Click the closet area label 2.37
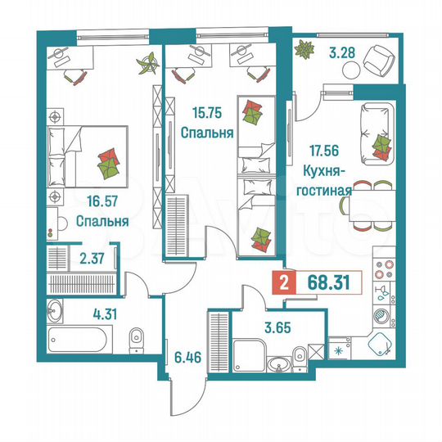92,261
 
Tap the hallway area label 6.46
187,357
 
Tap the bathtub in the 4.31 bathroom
78,336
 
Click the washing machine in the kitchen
381,314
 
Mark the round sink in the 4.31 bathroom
54,310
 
